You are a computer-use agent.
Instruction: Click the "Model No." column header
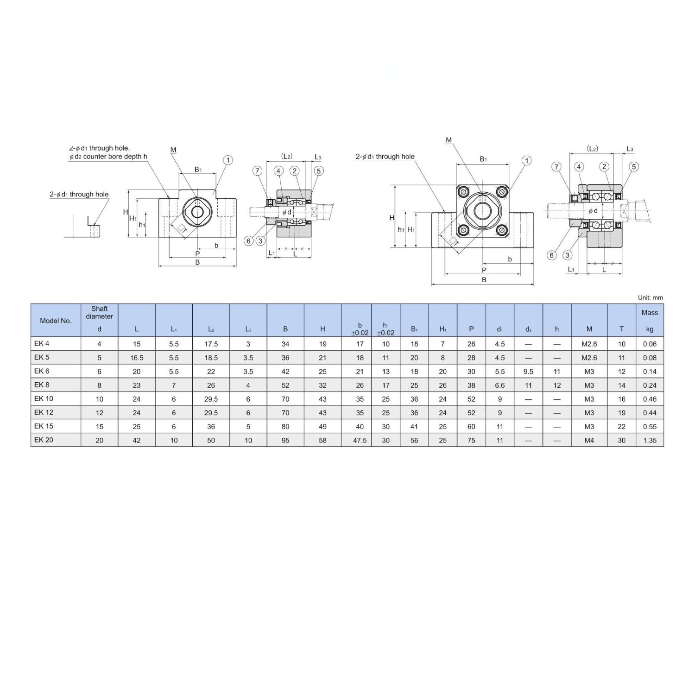tap(56, 321)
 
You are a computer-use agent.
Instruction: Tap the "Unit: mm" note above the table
tap(650, 298)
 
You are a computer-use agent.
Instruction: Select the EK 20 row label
tap(44, 440)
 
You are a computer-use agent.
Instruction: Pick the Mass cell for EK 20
tap(650, 440)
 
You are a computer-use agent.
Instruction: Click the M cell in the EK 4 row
tap(589, 344)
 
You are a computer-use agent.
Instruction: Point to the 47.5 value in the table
tap(360, 440)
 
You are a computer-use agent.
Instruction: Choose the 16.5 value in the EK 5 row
tap(137, 358)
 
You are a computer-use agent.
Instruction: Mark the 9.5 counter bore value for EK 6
tap(528, 372)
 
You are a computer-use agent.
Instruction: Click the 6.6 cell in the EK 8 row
tap(499, 385)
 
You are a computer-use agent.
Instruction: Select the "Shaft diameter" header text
tap(100, 313)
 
